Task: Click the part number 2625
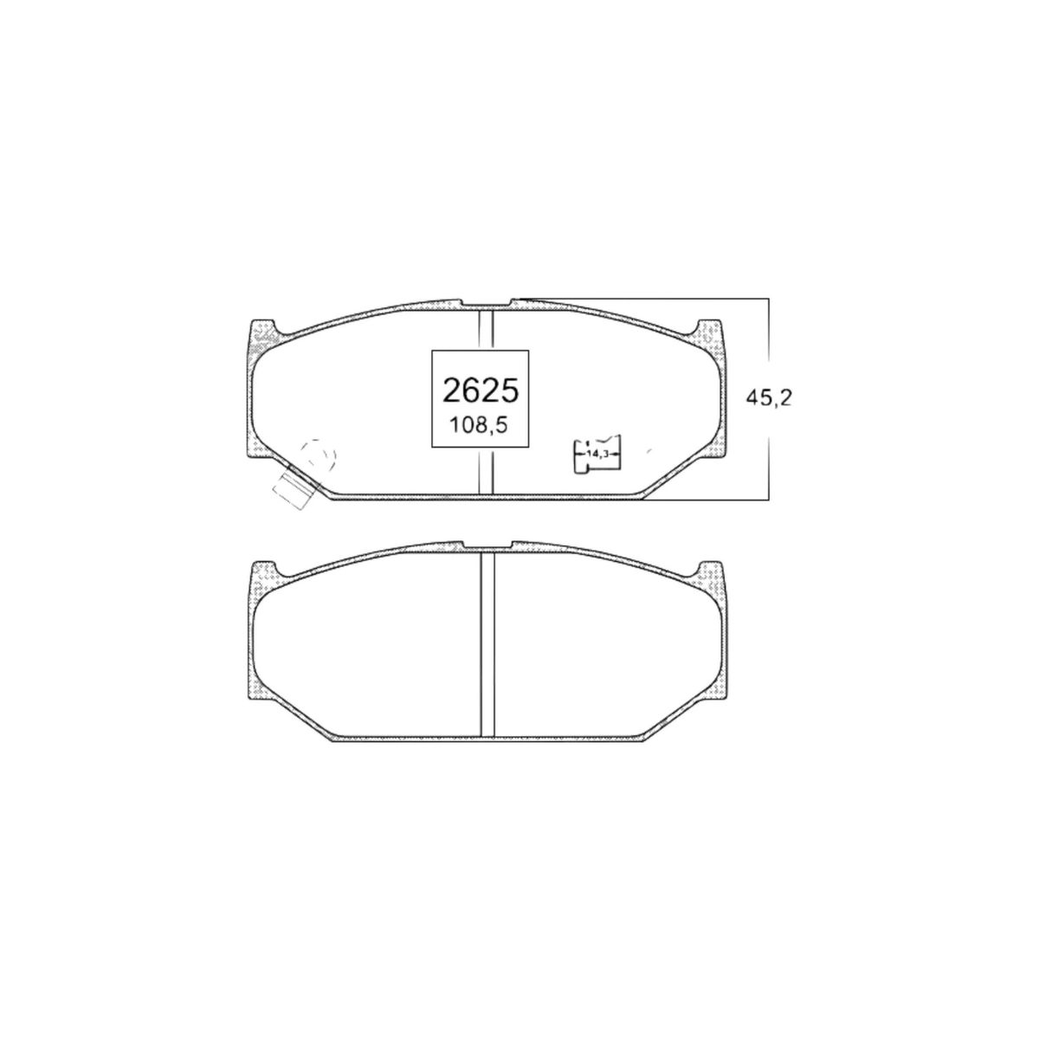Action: [480, 390]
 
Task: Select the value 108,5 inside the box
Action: [479, 426]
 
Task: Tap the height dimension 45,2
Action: [769, 398]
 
